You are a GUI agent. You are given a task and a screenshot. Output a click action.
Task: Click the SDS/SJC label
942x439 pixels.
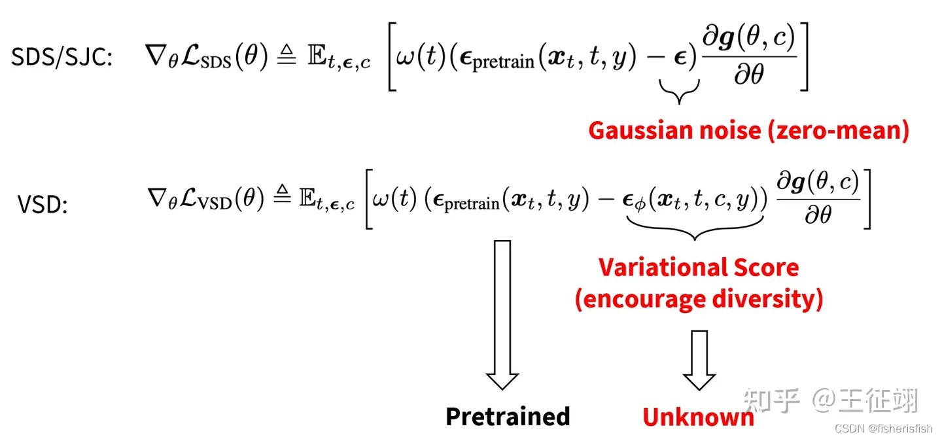click(x=62, y=58)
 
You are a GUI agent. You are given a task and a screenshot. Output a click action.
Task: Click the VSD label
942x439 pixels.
click(x=43, y=205)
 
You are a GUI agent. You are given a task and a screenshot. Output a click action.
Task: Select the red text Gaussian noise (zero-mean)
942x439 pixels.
click(x=748, y=131)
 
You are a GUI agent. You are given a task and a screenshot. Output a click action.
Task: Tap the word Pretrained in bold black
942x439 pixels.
click(x=508, y=416)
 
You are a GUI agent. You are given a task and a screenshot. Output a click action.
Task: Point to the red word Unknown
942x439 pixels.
click(x=698, y=417)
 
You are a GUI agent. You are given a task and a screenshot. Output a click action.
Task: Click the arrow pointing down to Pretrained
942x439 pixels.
click(x=502, y=314)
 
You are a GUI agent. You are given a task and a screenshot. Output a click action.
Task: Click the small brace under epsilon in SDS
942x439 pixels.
click(x=680, y=92)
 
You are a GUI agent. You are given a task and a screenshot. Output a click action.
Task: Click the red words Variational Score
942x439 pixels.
click(x=699, y=268)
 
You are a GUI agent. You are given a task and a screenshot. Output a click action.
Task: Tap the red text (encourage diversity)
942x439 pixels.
click(x=699, y=299)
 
